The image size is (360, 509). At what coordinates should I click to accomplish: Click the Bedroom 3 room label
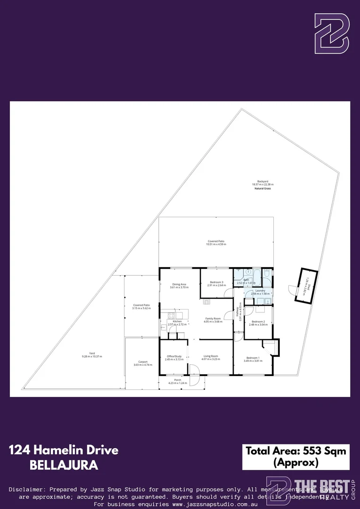216,282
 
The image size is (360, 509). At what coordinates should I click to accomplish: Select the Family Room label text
213,319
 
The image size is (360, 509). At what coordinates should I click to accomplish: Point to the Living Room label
211,356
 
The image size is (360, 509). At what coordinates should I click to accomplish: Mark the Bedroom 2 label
258,321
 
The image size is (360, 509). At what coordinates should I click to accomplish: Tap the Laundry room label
260,291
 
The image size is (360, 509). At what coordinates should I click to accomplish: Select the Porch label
178,380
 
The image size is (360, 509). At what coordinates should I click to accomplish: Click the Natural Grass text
263,188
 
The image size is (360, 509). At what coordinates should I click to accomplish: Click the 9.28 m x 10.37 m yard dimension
92,356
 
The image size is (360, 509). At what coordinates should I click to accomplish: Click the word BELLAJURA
64,465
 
